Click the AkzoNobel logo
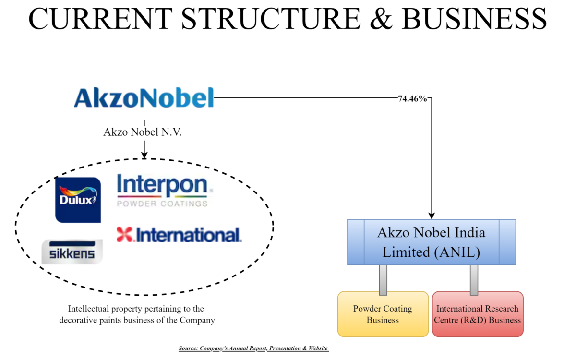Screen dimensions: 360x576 tap(144, 97)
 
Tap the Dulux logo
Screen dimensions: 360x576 tap(78, 200)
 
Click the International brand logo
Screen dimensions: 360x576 tap(179, 235)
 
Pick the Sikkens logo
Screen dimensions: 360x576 tap(72, 252)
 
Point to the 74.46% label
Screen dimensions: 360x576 tap(412, 98)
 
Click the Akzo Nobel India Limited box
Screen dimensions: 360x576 tap(431, 242)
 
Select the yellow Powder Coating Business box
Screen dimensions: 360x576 tap(383, 314)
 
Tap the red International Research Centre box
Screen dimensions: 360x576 tap(477, 314)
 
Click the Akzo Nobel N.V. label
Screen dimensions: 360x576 tap(143, 132)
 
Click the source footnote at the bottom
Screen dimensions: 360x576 tap(253, 348)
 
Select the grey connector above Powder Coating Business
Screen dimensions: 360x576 tap(383, 279)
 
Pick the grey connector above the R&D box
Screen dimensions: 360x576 tap(474, 279)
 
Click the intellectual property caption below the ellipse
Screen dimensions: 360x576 tap(137, 314)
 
